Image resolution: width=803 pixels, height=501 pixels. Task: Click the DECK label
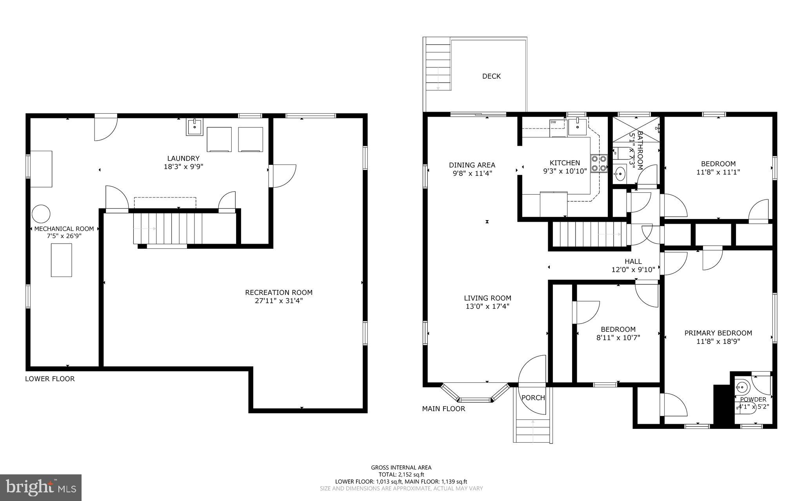pyautogui.click(x=491, y=76)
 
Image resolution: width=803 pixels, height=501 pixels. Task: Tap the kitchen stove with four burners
pyautogui.click(x=599, y=164)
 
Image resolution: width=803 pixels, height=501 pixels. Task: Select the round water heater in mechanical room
pyautogui.click(x=41, y=214)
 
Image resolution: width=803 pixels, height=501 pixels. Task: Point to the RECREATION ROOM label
pyautogui.click(x=279, y=293)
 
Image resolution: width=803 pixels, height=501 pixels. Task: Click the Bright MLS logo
pyautogui.click(x=41, y=487)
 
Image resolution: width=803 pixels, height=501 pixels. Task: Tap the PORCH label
pyautogui.click(x=533, y=398)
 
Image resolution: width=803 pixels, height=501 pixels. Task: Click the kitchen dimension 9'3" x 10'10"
pyautogui.click(x=565, y=171)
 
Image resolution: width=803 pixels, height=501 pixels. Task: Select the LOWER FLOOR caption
pyautogui.click(x=50, y=379)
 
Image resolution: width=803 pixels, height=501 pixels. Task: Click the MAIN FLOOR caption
pyautogui.click(x=443, y=409)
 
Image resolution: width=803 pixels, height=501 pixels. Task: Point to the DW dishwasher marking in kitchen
pyautogui.click(x=553, y=122)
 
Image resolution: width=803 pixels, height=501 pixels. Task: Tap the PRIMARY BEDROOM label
pyautogui.click(x=718, y=333)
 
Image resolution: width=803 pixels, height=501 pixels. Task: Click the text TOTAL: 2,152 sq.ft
pyautogui.click(x=401, y=474)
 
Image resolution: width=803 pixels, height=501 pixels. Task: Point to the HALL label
pyautogui.click(x=633, y=262)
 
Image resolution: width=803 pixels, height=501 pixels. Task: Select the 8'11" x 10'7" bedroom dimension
pyautogui.click(x=618, y=338)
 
